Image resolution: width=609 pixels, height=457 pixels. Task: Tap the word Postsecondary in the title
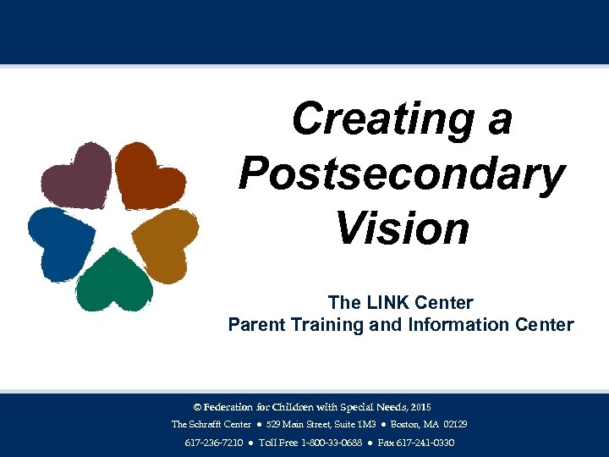(x=401, y=173)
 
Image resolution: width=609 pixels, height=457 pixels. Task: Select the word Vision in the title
(x=401, y=228)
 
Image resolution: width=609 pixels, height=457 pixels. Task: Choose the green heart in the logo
(x=113, y=280)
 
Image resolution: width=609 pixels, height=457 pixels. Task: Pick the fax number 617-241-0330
(x=416, y=443)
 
